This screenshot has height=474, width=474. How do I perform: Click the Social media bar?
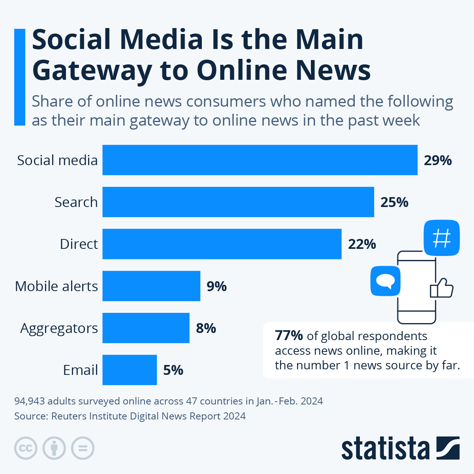260,160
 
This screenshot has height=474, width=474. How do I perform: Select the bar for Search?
238,202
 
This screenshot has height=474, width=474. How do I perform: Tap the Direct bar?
222,244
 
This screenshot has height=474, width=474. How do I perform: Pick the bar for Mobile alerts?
151,286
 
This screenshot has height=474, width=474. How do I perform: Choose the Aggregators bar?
146,328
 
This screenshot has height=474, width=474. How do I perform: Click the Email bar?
130,370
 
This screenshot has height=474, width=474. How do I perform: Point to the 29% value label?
438,160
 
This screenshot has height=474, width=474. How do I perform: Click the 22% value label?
362,244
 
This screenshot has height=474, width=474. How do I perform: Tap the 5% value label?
173,370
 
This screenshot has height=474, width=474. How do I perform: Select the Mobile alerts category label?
56,286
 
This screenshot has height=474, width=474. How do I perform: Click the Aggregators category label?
59,329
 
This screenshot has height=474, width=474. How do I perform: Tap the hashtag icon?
442,238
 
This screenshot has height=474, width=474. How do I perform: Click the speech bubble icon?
385,281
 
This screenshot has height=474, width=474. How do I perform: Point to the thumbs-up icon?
442,288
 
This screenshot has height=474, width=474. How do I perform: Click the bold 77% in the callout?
289,336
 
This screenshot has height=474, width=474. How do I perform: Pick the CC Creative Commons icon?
26,448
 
